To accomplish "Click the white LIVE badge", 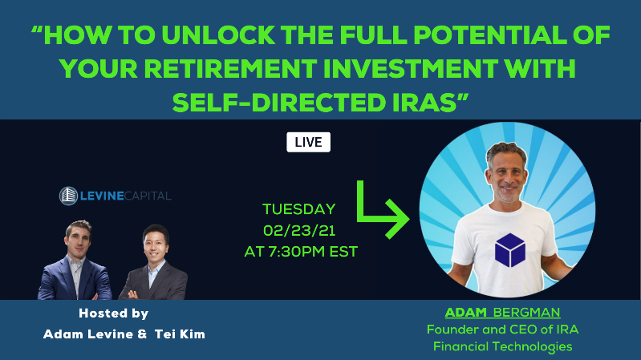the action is tap(308, 142).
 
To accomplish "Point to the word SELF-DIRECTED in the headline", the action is tap(279, 102).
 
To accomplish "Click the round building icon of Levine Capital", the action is tap(68, 196).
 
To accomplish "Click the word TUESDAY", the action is tap(298, 209).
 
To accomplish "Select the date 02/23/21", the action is tap(299, 231).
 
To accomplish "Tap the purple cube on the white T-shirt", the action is tap(509, 250).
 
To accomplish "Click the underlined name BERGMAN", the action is tap(526, 313).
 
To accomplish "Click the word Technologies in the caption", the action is tap(532, 347).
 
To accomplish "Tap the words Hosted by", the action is tap(114, 313).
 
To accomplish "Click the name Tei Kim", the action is tap(180, 334).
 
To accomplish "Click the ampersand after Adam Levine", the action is tap(142, 334).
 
